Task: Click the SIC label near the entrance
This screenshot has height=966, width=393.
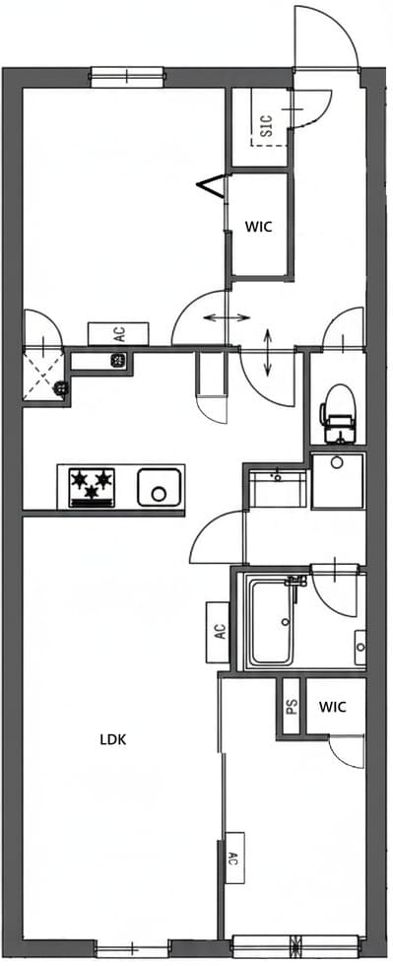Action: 265,124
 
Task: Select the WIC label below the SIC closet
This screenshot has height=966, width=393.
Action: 258,226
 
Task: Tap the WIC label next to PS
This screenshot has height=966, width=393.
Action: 333,707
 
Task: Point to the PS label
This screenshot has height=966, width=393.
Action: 291,707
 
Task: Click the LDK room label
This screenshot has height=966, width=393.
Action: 115,738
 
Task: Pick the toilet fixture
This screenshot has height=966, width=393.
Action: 338,412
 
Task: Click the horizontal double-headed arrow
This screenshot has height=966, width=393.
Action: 226,317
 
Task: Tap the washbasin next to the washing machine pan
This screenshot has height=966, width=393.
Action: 277,486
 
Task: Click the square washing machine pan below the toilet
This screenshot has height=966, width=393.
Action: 338,480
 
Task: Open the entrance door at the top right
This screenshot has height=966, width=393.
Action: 329,39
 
